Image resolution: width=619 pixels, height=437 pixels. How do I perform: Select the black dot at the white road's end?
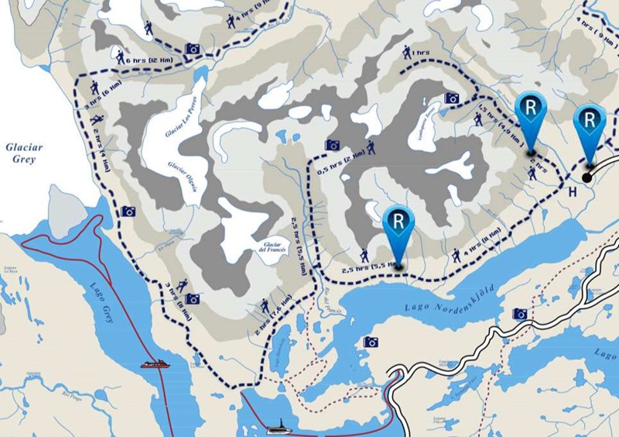[587, 177]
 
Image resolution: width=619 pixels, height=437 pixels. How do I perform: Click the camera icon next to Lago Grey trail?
[128, 212]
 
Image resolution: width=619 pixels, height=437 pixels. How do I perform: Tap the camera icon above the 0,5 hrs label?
[333, 144]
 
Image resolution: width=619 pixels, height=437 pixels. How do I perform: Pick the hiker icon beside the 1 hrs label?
[406, 52]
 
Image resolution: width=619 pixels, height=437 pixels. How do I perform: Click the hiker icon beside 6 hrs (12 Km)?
[121, 57]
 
